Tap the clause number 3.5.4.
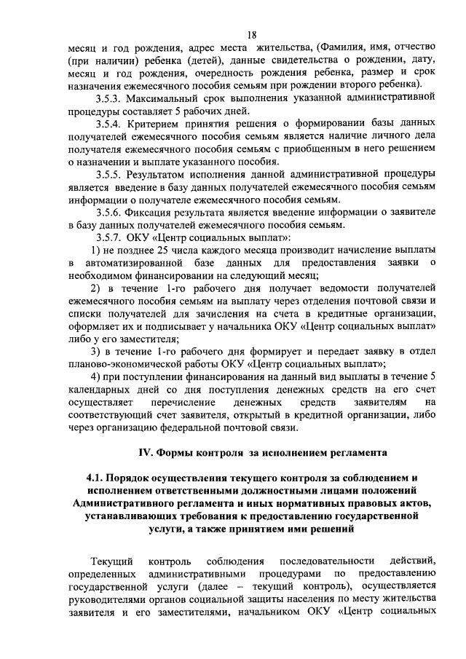pyautogui.click(x=111, y=124)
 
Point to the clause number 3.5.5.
pyautogui.click(x=111, y=175)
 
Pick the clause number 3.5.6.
pyautogui.click(x=111, y=213)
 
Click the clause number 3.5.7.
pyautogui.click(x=111, y=238)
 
